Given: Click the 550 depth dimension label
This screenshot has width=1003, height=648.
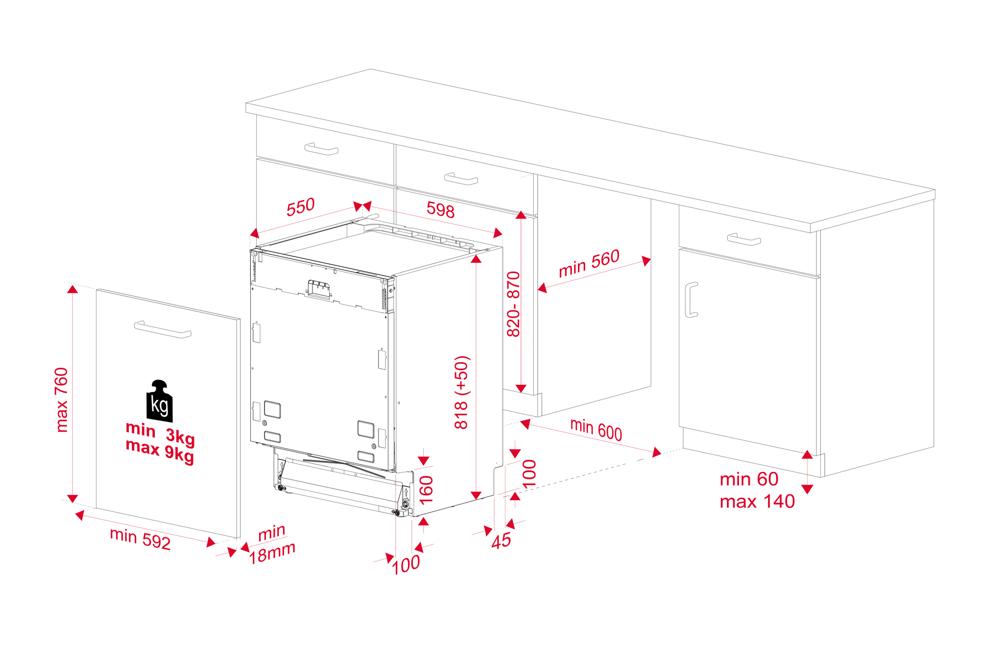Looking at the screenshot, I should [300, 207].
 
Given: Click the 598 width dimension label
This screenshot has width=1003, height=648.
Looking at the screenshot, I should [440, 209].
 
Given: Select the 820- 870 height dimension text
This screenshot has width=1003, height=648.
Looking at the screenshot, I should [513, 304].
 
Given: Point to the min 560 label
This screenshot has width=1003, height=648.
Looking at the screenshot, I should [589, 263].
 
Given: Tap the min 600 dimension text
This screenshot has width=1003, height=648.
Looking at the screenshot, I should [596, 429].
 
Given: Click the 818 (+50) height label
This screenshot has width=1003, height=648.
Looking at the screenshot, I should [461, 392].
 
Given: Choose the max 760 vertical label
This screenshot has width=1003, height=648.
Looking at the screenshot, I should [62, 399].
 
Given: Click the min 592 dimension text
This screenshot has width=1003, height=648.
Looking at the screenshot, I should [140, 539].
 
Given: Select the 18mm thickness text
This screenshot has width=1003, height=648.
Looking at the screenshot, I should [272, 554].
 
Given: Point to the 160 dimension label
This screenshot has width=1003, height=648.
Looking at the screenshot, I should [426, 489].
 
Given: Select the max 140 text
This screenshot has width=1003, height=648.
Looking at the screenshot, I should [757, 502].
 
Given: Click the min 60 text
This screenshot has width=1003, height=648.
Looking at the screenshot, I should [749, 479].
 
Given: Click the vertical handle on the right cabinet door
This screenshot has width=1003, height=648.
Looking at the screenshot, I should [691, 300].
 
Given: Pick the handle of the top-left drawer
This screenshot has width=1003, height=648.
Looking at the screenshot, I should [321, 149].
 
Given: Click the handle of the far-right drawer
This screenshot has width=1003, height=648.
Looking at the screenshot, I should [743, 239].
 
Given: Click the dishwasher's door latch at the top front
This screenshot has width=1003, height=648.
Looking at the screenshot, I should [318, 289].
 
